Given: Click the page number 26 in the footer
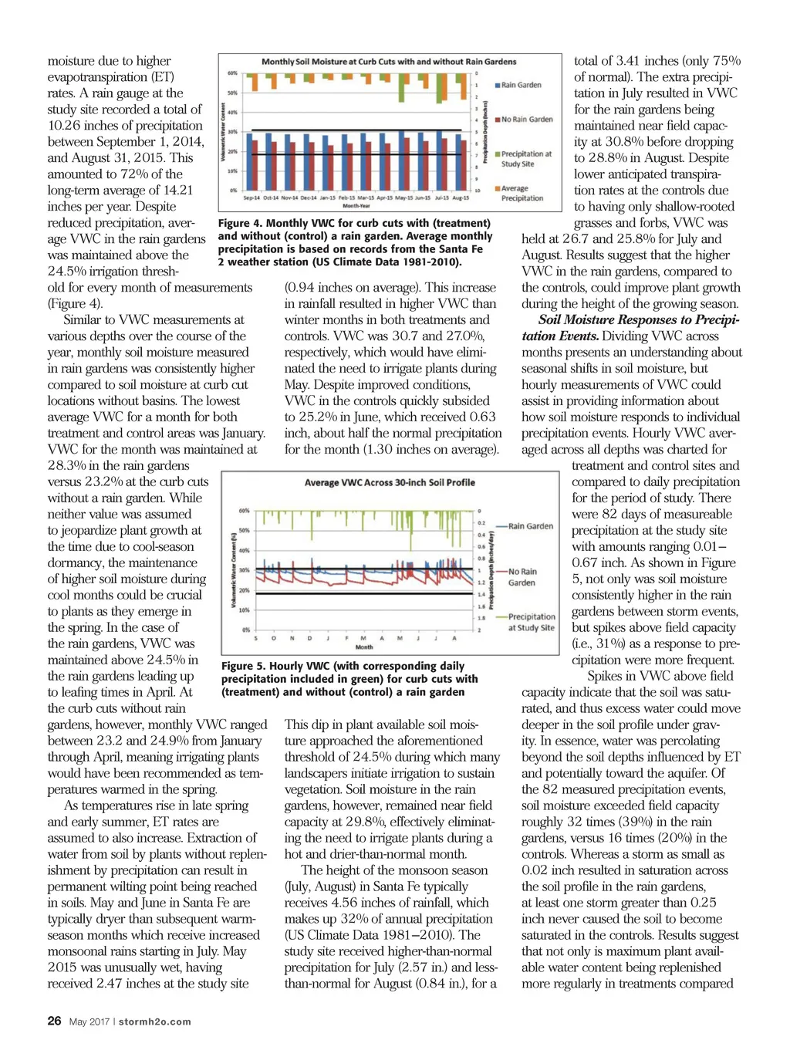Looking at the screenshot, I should tap(54, 1020).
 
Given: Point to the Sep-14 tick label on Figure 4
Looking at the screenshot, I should tap(252, 198).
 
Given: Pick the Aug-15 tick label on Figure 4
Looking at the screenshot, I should tap(461, 198).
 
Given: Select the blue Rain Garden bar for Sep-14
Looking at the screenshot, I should tap(248, 161).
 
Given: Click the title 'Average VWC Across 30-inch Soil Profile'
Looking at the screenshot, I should tap(390, 482).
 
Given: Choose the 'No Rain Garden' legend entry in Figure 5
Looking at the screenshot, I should tap(522, 577).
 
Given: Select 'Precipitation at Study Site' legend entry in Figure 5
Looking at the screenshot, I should tap(531, 622).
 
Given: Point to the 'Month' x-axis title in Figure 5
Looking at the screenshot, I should tap(364, 647).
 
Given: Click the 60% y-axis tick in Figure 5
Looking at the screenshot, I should tap(244, 511).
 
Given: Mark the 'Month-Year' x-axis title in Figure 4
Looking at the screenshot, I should tap(356, 206).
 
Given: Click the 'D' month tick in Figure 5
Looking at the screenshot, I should tap(310, 638).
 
